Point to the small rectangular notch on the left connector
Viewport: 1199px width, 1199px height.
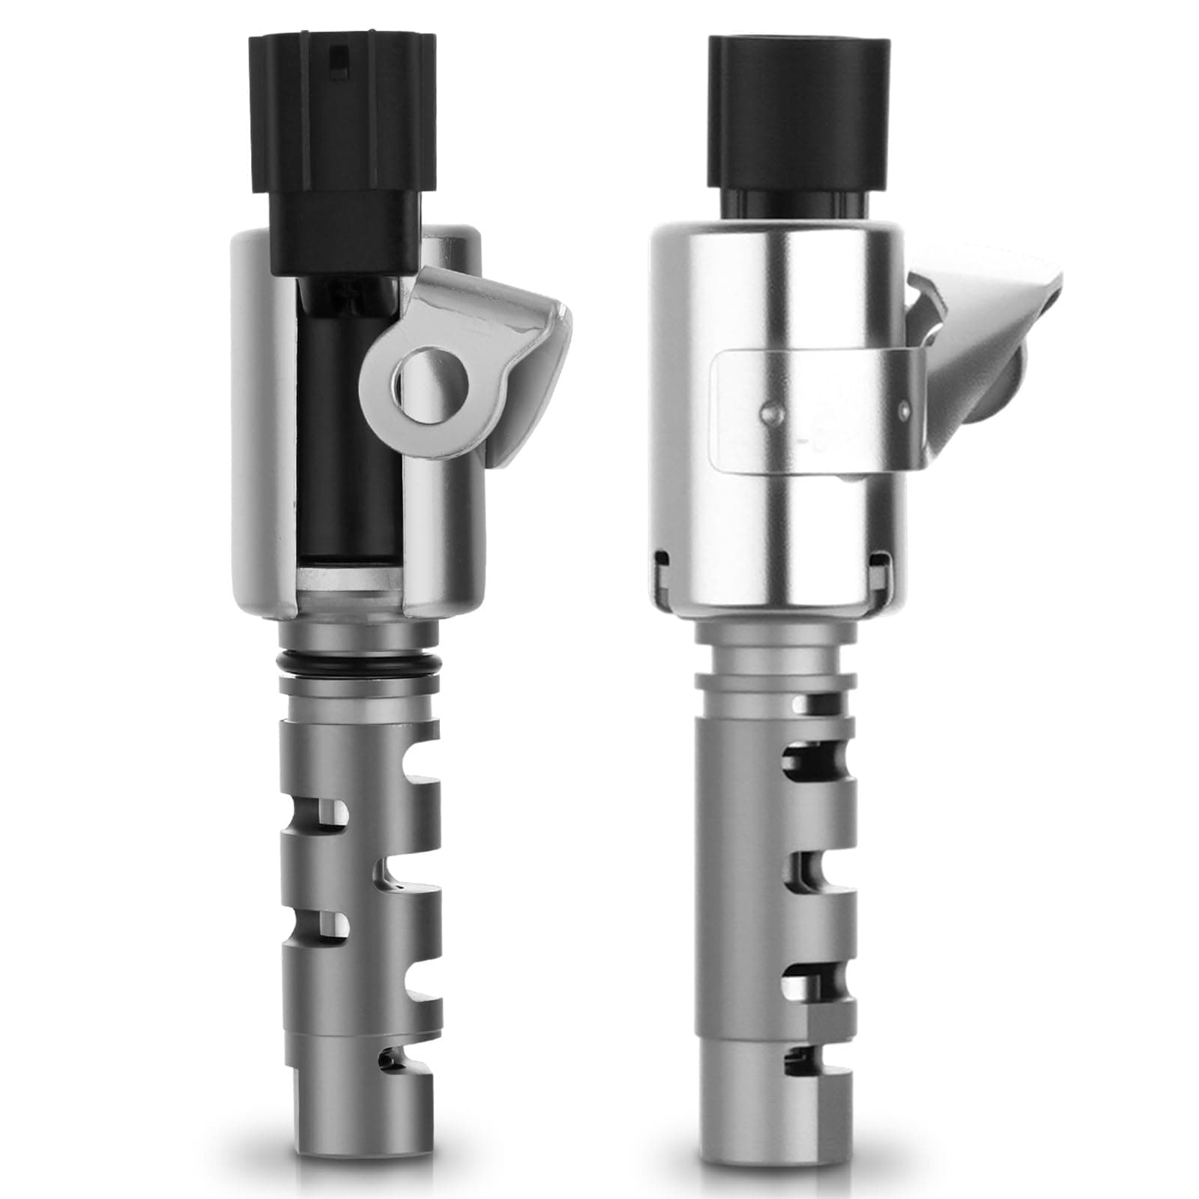(341, 55)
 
